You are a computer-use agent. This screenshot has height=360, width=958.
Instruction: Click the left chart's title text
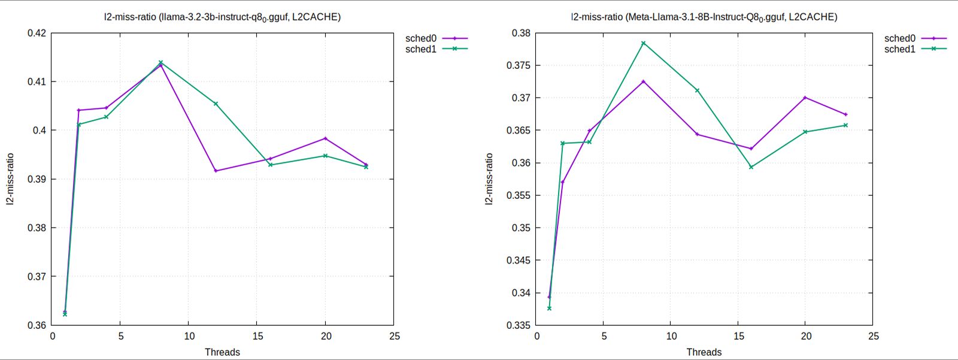point(222,17)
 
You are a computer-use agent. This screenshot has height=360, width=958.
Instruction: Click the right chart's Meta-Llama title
point(704,17)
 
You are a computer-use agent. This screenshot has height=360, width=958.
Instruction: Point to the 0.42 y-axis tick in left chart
point(37,33)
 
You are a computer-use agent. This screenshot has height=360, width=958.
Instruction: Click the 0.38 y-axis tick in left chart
point(37,228)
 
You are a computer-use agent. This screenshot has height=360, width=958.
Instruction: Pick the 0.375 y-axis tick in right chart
point(518,65)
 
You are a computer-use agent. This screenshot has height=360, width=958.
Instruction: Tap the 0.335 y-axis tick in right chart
point(518,325)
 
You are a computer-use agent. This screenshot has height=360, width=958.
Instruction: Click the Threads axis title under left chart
point(222,352)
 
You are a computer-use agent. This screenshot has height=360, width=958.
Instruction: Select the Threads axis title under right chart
point(704,352)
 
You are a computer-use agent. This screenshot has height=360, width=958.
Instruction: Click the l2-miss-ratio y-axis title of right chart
point(489,180)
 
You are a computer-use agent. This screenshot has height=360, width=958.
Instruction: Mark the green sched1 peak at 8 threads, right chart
point(644,43)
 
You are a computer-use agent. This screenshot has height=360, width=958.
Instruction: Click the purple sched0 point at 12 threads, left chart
point(216,171)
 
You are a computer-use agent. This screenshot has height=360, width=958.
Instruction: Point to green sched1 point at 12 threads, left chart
point(216,104)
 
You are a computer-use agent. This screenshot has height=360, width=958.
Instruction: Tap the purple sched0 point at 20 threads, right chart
point(805,98)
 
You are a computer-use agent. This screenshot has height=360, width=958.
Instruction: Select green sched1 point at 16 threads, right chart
point(751,167)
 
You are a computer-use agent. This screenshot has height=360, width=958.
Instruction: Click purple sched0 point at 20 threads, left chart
point(325,138)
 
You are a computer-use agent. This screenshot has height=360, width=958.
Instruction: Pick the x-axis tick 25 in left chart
point(394,337)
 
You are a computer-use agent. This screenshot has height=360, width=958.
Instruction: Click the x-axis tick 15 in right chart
point(739,337)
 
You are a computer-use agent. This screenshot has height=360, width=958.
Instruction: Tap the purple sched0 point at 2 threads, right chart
point(562,182)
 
